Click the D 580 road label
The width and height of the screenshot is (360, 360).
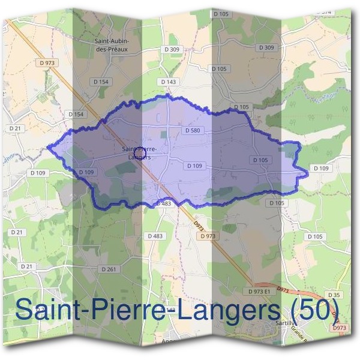(192, 130)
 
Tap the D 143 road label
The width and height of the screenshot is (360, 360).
(169, 81)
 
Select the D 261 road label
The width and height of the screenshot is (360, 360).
(109, 269)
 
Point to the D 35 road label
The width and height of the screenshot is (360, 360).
(335, 295)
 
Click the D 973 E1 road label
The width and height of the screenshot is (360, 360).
(260, 290)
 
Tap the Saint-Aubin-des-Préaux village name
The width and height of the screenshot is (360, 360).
(114, 44)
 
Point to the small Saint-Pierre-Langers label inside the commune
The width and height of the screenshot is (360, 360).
(139, 152)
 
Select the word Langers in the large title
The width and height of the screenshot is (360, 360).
(225, 311)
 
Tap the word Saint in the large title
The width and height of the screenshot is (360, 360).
(49, 310)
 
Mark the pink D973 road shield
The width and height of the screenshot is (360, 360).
(339, 328)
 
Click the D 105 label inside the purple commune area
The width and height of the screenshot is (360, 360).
(260, 160)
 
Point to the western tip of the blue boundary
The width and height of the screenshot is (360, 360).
(47, 146)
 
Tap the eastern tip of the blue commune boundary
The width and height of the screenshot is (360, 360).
(308, 173)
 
